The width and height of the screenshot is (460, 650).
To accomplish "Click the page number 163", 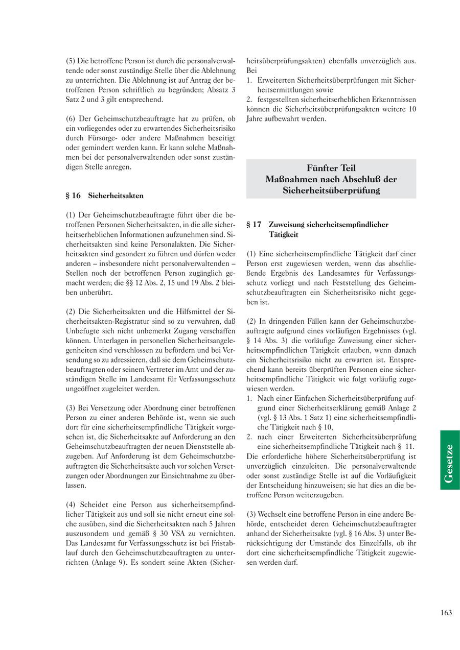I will coord(446,613).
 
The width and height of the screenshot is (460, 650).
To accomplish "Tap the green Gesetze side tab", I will coord(450,460).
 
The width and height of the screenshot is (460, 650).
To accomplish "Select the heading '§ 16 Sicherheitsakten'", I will coord(105,196).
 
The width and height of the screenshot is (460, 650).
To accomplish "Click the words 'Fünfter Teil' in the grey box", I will coord(331,168).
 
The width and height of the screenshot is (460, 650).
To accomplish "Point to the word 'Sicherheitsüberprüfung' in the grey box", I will coord(331,190).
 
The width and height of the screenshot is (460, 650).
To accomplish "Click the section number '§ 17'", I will coord(254,224).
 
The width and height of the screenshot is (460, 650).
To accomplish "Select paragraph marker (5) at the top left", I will coord(71,61).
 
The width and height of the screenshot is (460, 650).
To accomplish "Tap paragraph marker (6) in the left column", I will coord(71,118).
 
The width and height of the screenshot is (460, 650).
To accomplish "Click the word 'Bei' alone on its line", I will coord(251,70).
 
